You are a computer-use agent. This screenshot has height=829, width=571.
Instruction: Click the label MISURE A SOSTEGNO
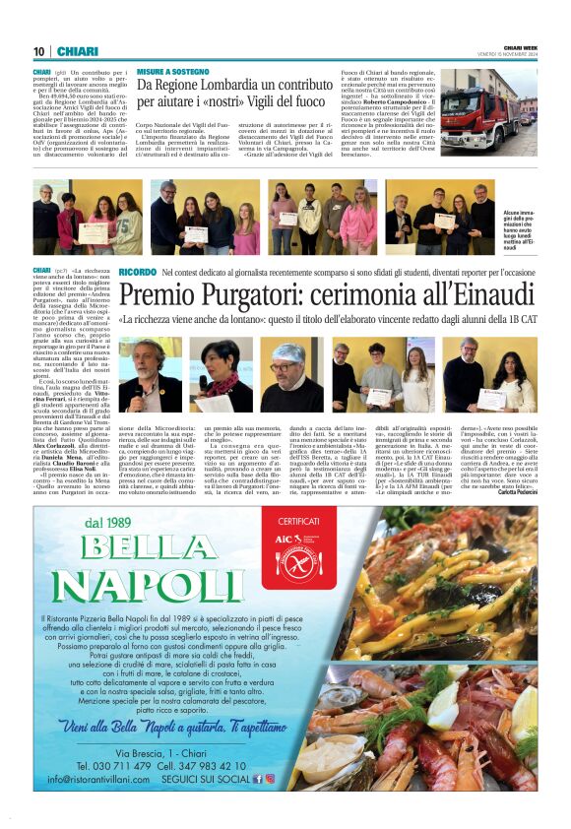[x=172, y=72]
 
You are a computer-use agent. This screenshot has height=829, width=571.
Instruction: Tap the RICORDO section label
[x=137, y=272]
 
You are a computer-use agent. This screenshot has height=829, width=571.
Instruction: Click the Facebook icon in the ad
[x=258, y=778]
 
